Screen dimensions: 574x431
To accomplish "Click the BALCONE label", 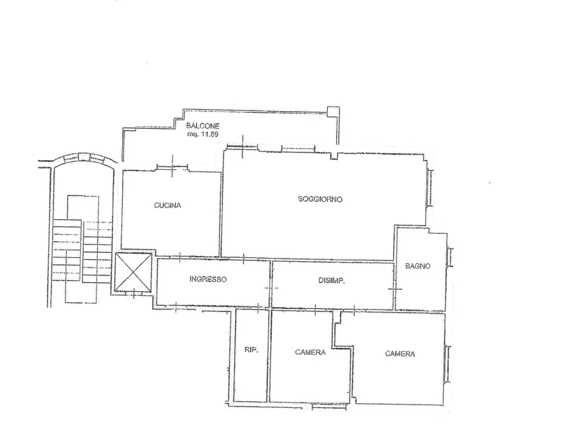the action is tap(202, 126).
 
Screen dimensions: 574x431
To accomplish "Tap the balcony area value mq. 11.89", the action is tap(202, 134).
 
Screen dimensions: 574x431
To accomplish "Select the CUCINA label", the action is tap(167, 205).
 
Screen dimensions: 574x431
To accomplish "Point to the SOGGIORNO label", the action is tap(320, 199).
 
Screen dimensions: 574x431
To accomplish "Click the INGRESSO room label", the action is tap(208, 279).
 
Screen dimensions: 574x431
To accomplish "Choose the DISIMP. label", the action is tap(331, 280).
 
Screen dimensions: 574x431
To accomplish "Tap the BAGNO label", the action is tap(418, 266).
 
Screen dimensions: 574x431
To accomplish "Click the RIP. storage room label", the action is tap(251, 350).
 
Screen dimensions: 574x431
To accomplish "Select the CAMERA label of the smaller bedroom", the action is tap(310, 353).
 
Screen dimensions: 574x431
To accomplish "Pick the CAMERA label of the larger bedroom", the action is tap(400, 354).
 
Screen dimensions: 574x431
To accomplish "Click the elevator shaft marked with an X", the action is tap(133, 272).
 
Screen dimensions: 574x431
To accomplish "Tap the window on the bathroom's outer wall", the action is tap(450, 257).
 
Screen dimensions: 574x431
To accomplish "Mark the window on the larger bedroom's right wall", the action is tap(447, 364).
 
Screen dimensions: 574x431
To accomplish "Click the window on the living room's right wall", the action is tap(431, 188).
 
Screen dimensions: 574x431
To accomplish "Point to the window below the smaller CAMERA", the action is tap(329, 406).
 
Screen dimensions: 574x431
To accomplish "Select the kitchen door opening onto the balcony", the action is tap(172, 167).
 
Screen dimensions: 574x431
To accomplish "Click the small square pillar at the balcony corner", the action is tap(333, 112).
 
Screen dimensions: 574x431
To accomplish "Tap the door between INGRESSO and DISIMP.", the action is tap(271, 288).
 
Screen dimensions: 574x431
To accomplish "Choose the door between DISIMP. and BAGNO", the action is tap(395, 289).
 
